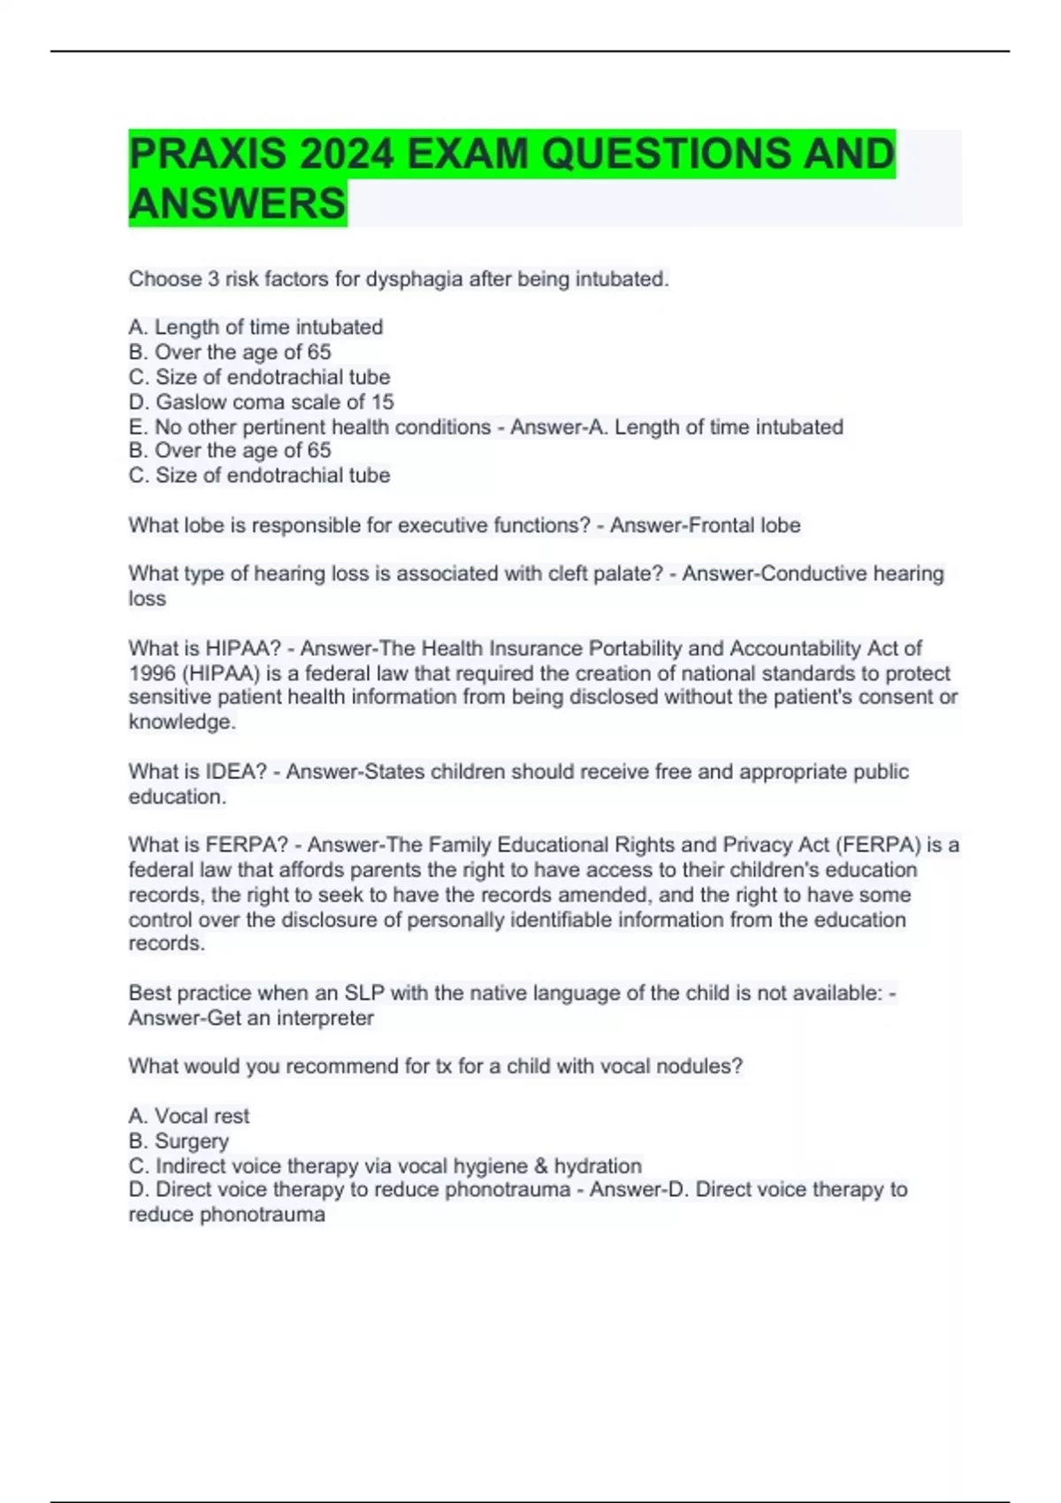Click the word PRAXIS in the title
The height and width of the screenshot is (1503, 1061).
(208, 154)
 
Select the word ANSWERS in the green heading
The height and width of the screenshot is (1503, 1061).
(237, 203)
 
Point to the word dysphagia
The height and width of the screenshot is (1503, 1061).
(414, 279)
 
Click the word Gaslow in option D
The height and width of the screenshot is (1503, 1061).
(189, 402)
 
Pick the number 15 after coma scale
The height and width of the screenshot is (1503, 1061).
(382, 402)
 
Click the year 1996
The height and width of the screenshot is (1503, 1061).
(152, 673)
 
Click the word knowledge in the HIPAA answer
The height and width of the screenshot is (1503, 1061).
(180, 722)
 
